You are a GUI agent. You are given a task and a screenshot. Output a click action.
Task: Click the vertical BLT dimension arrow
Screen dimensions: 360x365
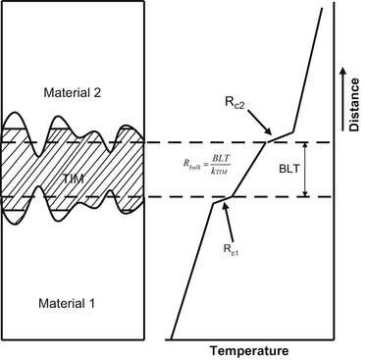[304, 170]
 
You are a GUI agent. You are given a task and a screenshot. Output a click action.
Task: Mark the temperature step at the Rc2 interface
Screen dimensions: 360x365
[280, 138]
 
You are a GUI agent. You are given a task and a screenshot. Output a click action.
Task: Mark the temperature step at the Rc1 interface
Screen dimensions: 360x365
[225, 199]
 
